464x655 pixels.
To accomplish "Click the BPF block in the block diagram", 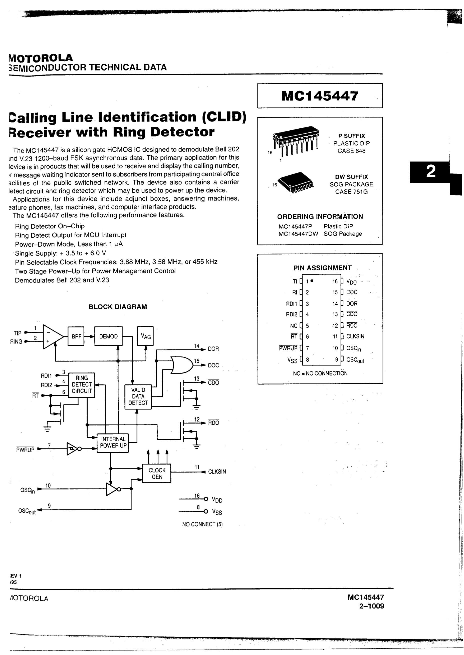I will pos(76,336).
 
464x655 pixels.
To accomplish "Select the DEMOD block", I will pos(108,336).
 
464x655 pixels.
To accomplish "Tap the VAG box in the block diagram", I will pos(145,336).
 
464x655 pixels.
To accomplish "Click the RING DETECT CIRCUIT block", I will pos(82,385).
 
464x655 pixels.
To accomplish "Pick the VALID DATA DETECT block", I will pos(138,396).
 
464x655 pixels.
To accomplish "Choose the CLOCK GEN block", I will pos(157,473).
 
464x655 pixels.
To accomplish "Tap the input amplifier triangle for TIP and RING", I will pos(52,336).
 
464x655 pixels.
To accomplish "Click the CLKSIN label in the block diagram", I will pos(217,472).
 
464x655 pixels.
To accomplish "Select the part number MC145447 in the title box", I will pos(319,96).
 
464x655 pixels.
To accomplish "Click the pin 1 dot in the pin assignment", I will pos(312,281).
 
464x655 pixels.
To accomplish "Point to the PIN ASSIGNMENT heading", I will pos(322,268).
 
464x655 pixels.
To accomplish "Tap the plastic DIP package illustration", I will pos(296,140).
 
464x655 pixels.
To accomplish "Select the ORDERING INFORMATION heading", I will pos(320,216).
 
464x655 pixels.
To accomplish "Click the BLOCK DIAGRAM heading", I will pos(118,307).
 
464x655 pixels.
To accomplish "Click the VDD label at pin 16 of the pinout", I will pos(351,282).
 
